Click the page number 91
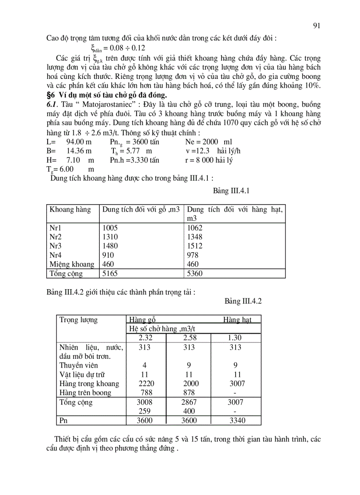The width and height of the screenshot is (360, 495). tap(316, 26)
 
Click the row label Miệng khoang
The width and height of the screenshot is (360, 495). tap(72, 264)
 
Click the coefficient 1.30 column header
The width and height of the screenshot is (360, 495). tap(235, 338)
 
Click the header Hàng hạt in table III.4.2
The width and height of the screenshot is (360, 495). tap(237, 320)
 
